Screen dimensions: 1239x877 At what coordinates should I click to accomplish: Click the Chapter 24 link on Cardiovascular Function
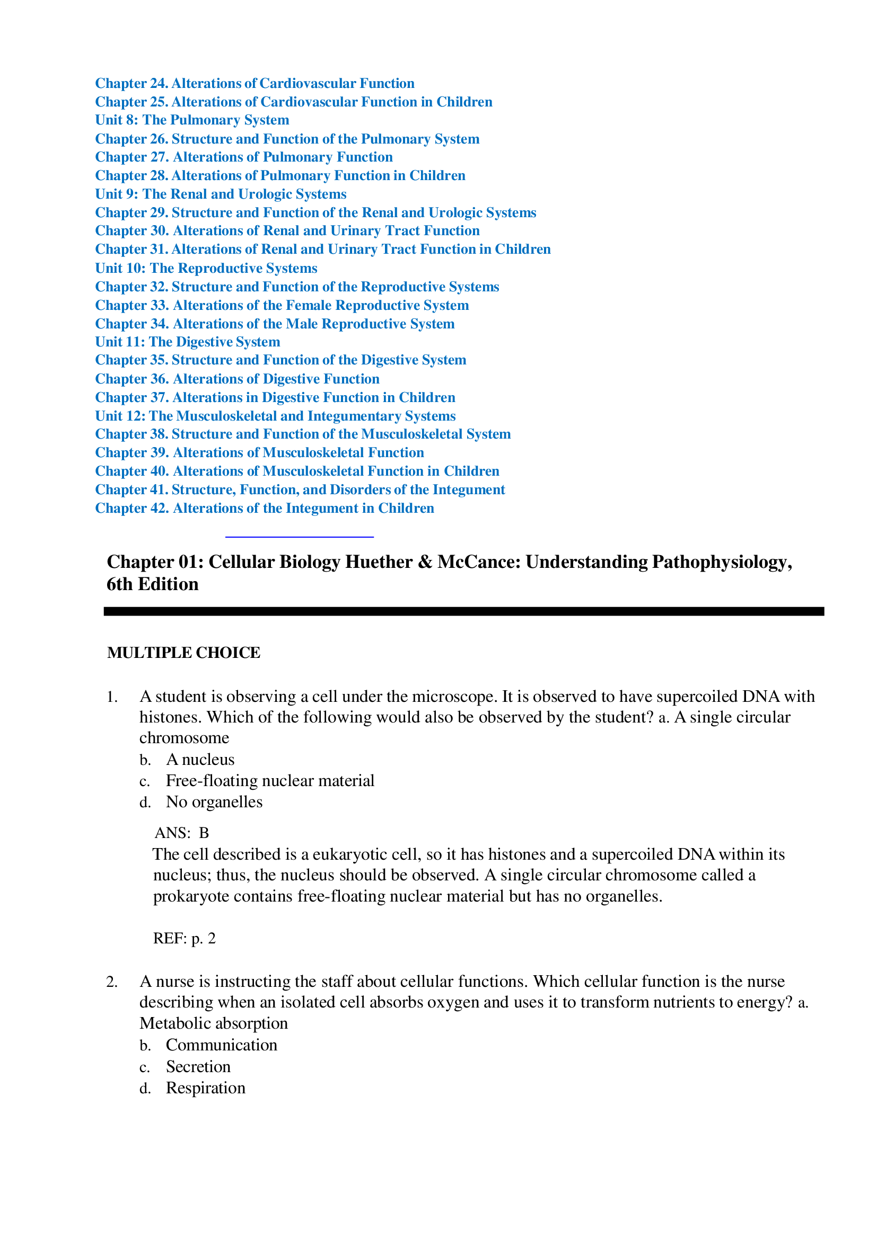[x=255, y=83]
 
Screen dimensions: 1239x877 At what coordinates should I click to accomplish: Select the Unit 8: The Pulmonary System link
[x=192, y=120]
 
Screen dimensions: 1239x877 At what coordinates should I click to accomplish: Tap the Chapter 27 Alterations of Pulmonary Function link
[x=243, y=157]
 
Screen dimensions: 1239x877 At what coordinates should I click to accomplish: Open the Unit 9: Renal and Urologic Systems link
[x=221, y=194]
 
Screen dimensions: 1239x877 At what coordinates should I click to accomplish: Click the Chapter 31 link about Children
[x=322, y=249]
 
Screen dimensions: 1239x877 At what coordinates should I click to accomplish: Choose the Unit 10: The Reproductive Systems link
[x=206, y=268]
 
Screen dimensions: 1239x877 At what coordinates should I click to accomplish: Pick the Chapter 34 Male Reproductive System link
[x=274, y=324]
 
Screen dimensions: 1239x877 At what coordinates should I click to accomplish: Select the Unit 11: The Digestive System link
[x=187, y=342]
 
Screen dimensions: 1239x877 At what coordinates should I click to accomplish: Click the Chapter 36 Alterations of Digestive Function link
[x=237, y=379]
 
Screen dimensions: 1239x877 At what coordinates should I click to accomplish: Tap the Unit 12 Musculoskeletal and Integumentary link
[x=275, y=416]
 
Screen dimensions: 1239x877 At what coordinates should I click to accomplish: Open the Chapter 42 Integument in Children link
[x=264, y=509]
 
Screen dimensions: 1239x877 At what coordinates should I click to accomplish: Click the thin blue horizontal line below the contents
[x=299, y=537]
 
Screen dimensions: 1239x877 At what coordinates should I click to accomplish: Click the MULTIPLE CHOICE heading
[x=183, y=653]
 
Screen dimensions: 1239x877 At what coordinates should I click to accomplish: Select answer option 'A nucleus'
[x=200, y=760]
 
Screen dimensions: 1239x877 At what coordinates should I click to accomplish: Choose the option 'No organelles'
[x=214, y=802]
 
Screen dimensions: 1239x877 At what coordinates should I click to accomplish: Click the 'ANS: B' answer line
[x=181, y=833]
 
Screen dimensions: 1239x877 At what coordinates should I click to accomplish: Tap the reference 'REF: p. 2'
[x=184, y=939]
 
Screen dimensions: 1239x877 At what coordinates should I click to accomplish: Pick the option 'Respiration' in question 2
[x=205, y=1088]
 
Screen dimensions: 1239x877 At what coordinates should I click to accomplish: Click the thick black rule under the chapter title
[x=463, y=611]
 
